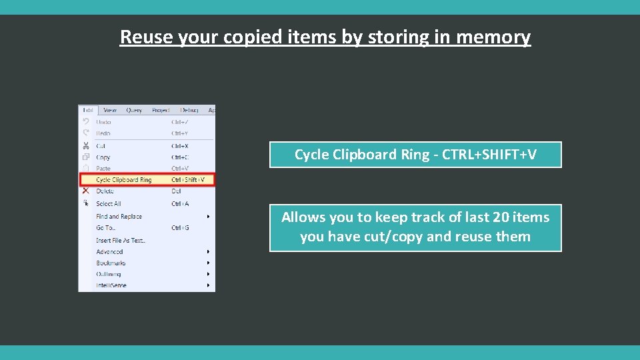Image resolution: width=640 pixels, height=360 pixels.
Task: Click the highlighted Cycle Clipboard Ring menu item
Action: (x=124, y=180)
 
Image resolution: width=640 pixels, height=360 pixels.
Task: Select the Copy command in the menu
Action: (x=103, y=157)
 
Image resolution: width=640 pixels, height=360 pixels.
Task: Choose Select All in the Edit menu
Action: (x=109, y=204)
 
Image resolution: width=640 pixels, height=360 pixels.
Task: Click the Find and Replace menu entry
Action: (x=119, y=217)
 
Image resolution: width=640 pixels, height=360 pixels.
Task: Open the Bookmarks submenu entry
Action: (x=111, y=263)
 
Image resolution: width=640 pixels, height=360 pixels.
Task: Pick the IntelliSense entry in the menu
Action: (x=111, y=285)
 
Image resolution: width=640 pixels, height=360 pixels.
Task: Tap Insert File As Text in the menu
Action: (x=121, y=240)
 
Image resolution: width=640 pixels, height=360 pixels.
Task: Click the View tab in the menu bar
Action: (x=110, y=110)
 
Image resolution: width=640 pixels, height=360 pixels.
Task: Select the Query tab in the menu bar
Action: (x=134, y=110)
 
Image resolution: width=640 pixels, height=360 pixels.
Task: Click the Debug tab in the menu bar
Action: (x=189, y=110)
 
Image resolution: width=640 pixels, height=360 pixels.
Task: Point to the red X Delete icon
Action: (x=85, y=191)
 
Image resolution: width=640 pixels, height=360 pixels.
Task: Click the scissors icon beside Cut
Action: (x=85, y=146)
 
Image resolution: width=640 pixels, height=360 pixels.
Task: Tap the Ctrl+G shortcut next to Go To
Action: (x=180, y=228)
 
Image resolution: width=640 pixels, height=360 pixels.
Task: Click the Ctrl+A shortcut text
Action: (x=180, y=204)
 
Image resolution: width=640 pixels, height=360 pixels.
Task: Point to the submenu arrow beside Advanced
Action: (x=209, y=252)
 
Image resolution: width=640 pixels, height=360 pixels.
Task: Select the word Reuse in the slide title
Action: (x=146, y=37)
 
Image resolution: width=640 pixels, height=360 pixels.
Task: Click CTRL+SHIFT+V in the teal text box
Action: (x=489, y=155)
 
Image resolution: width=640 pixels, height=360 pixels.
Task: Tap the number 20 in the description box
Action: (x=500, y=217)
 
